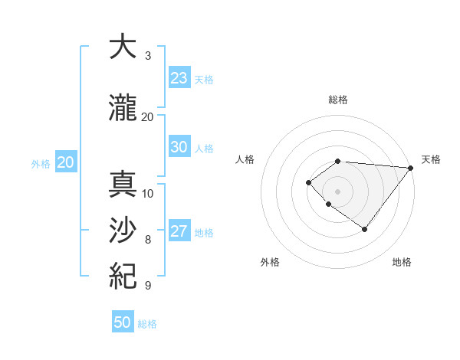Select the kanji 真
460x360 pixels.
[x=122, y=185]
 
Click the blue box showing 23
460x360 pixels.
[x=179, y=78]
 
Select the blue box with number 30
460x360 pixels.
[x=179, y=147]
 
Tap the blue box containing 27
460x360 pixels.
[x=179, y=231]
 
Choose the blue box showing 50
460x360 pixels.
[x=123, y=322]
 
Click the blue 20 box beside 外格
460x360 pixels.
[x=66, y=162]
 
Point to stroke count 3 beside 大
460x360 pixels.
[x=148, y=56]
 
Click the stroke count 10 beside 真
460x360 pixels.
[x=148, y=193]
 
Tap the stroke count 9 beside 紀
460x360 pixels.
[x=148, y=286]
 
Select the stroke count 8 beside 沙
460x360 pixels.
[x=148, y=240]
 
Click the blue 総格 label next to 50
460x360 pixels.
[x=147, y=324]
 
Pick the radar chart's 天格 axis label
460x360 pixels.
[x=431, y=159]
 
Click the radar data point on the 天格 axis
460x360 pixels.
[x=410, y=167]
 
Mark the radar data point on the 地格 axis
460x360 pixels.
[x=364, y=229]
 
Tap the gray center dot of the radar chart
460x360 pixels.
[x=337, y=191]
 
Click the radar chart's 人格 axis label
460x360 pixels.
[x=245, y=159]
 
